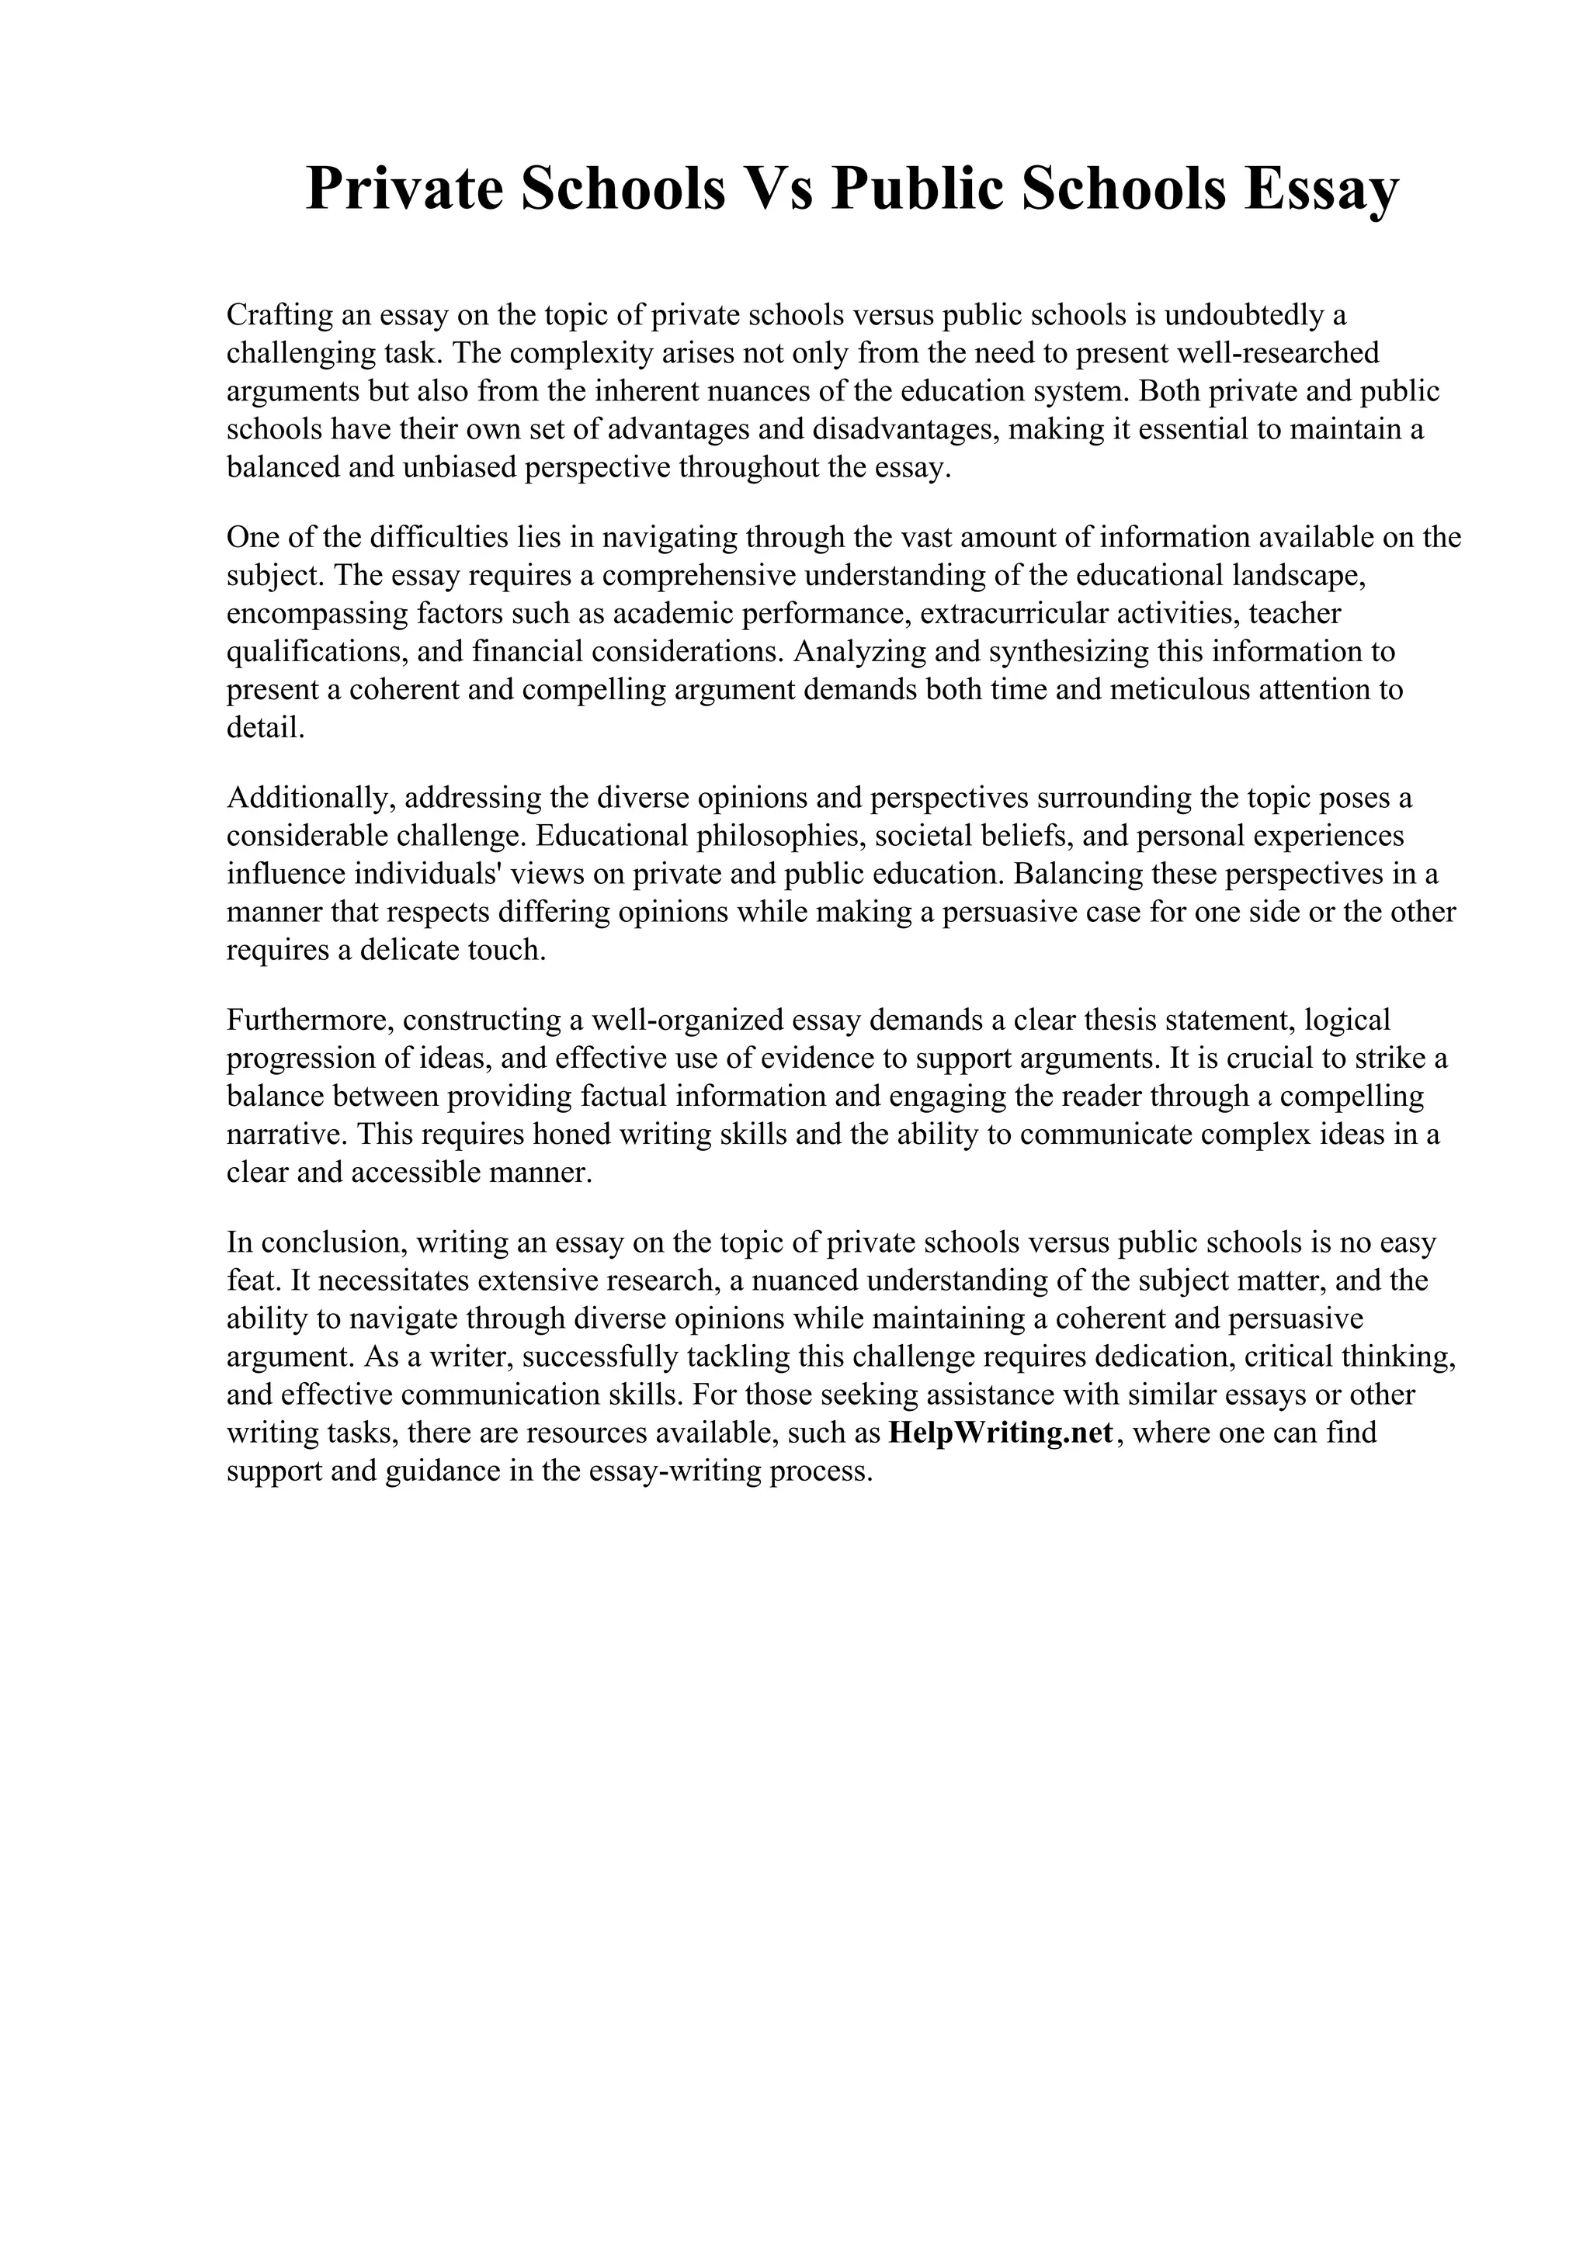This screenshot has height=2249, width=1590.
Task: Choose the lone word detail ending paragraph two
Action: coord(266,728)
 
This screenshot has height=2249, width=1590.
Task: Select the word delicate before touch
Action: coord(414,950)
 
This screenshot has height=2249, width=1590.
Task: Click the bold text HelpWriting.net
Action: coord(1002,1433)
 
